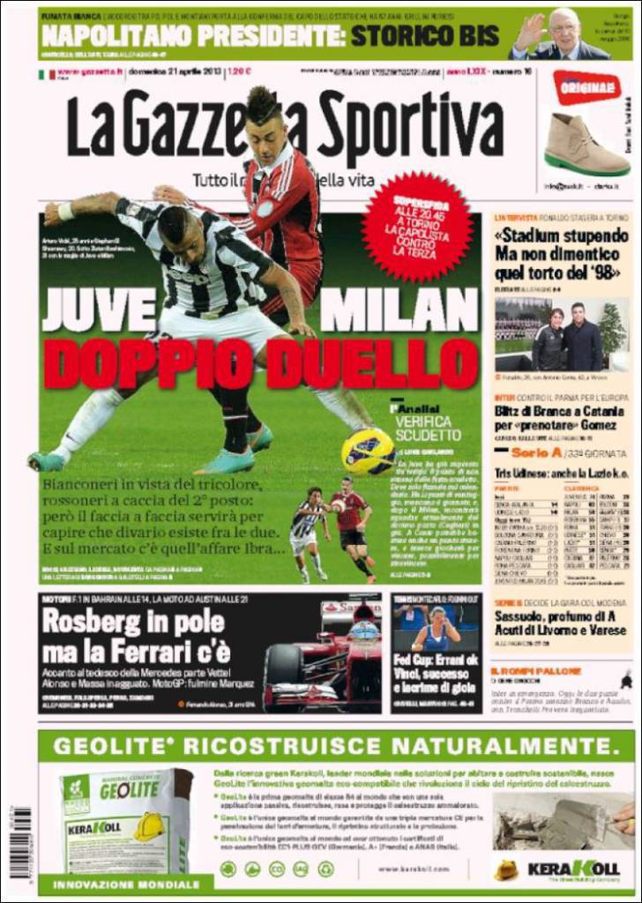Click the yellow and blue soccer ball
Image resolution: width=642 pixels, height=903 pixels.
pos(368,450)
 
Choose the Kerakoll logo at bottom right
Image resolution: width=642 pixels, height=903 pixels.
pos(573,869)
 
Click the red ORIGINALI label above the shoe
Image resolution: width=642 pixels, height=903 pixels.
pos(586,87)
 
